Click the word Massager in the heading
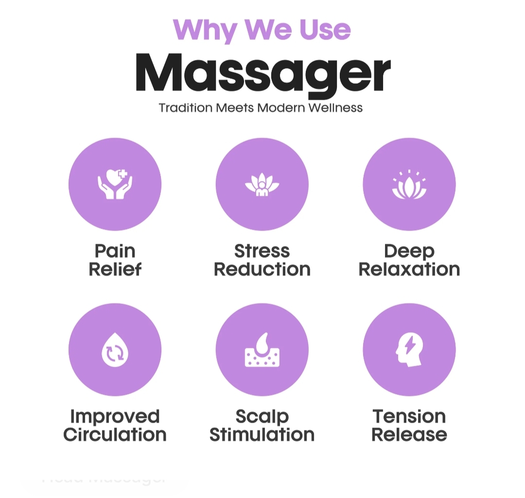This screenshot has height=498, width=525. click(x=262, y=73)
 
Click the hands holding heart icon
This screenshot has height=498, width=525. click(x=115, y=184)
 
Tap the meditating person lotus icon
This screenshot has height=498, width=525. click(x=262, y=184)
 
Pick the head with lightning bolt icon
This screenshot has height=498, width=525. click(x=409, y=349)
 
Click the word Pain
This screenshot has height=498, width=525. click(x=115, y=251)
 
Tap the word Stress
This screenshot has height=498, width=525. click(x=262, y=251)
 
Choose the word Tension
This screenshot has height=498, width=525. click(x=409, y=416)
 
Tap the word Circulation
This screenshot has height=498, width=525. click(x=115, y=434)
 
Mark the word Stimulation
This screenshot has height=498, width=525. click(x=262, y=434)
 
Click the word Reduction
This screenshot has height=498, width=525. click(x=262, y=269)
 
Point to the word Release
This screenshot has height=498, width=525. click(x=409, y=434)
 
